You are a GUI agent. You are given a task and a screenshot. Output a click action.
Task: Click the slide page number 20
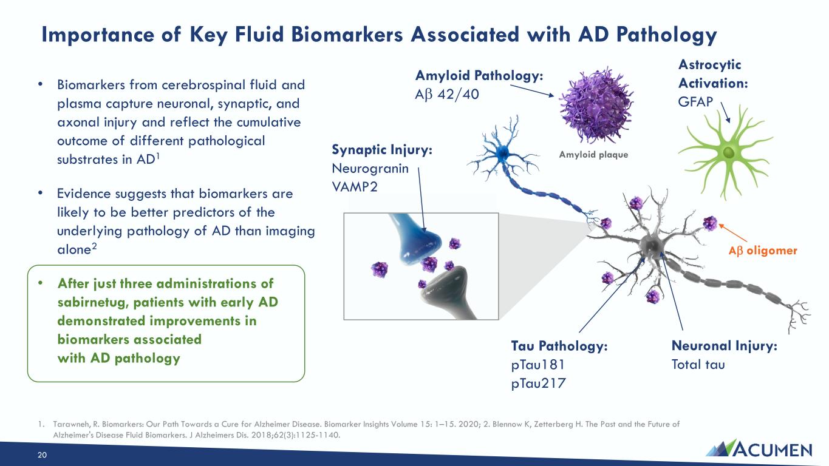[42, 455]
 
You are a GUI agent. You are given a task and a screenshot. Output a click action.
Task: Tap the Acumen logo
[759, 448]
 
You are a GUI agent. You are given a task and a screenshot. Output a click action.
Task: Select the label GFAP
[695, 102]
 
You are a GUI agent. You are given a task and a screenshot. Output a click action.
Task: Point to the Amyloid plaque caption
[593, 155]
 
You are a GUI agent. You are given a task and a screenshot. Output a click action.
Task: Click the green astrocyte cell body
[728, 152]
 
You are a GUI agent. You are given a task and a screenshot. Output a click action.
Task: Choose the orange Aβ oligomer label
[763, 251]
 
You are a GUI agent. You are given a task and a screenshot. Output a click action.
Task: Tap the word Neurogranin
[370, 169]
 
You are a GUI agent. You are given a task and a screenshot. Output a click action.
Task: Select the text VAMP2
[355, 187]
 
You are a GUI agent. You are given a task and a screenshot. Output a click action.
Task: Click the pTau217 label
[539, 383]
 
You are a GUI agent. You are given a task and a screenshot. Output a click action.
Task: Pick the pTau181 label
[537, 365]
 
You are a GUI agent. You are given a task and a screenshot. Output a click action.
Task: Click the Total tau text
[698, 365]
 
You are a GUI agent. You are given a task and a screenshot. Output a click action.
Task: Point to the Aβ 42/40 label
[447, 95]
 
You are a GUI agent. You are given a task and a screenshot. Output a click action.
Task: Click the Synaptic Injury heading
[382, 150]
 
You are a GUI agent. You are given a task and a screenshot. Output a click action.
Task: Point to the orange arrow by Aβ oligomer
[733, 233]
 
